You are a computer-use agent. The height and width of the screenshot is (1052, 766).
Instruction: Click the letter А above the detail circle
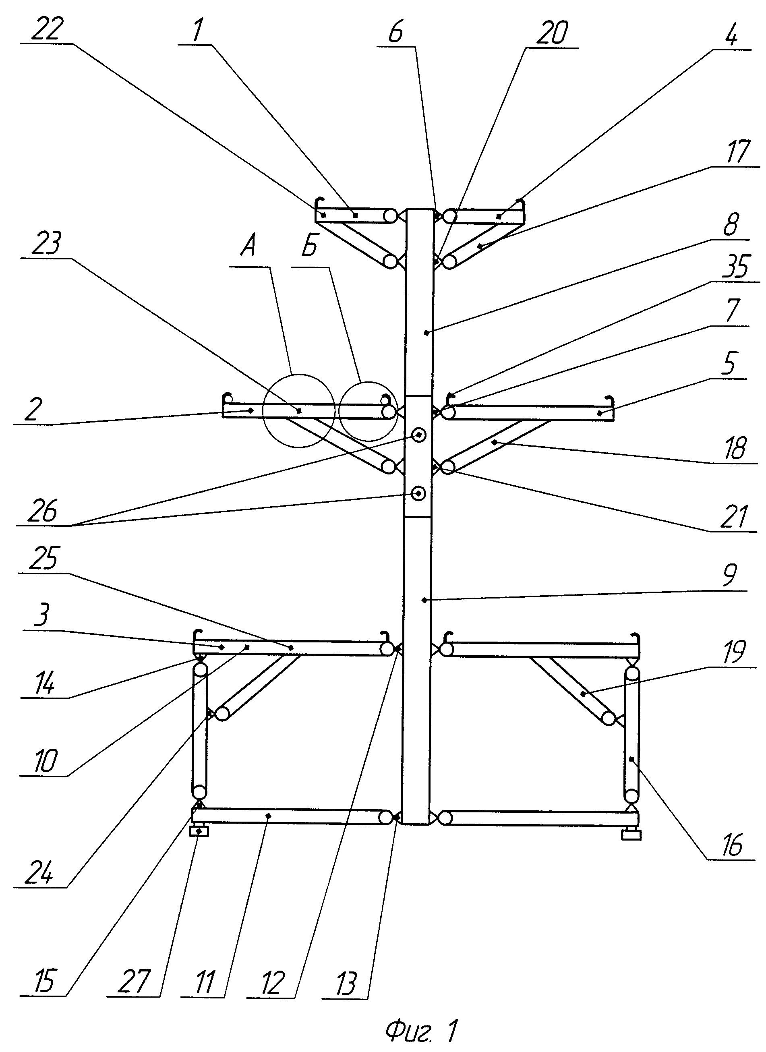point(248,246)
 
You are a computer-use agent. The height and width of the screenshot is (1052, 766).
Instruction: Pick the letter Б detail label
point(309,246)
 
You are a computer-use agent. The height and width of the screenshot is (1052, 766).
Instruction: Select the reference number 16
point(732,844)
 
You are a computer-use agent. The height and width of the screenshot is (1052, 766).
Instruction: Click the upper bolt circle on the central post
point(419,435)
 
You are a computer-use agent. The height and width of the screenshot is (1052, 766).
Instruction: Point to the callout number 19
point(733,652)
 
